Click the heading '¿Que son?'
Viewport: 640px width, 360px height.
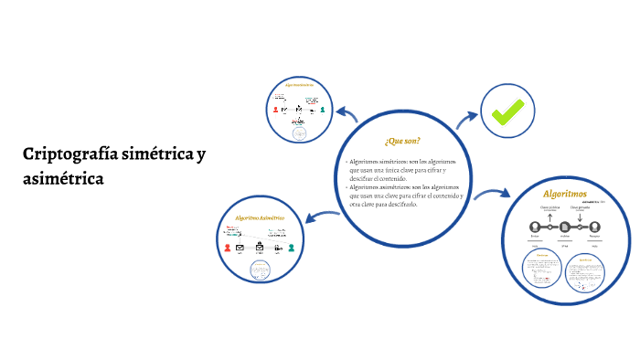point(402,141)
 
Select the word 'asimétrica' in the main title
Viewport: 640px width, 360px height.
point(64,178)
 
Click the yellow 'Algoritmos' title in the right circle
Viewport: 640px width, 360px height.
point(564,195)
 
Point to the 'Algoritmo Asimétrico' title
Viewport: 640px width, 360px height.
point(260,218)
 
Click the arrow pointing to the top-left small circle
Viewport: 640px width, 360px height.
point(346,114)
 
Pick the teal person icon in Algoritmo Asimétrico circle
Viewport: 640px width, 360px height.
point(291,247)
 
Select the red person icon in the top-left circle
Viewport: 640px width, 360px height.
point(275,110)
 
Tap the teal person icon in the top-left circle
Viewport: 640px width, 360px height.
point(323,111)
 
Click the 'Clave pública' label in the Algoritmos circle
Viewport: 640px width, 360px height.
point(549,206)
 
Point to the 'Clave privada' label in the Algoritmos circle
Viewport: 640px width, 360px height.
point(580,206)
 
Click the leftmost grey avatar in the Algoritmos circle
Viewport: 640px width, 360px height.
point(535,226)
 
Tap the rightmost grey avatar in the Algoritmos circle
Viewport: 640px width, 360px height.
point(594,226)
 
